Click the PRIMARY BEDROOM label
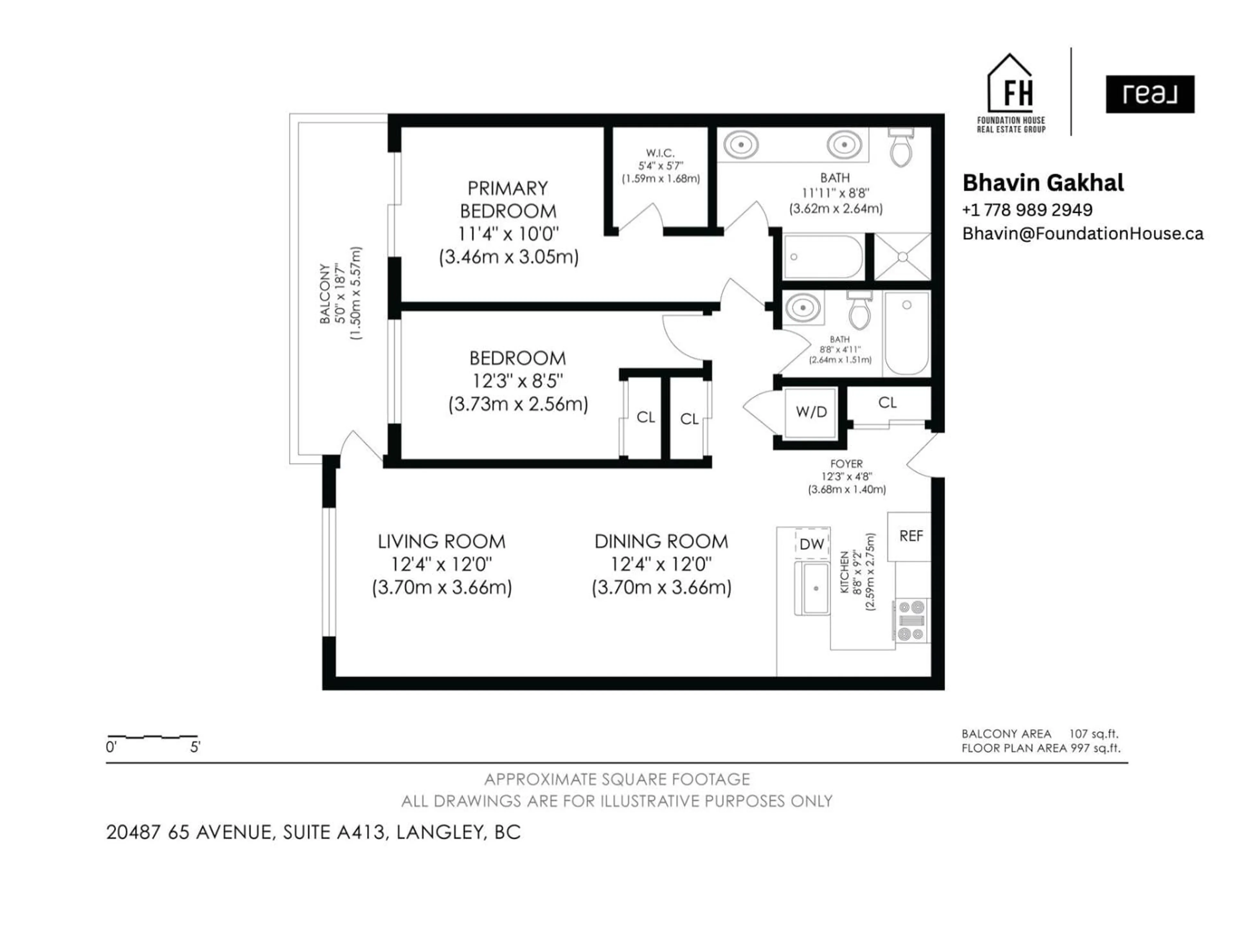508,199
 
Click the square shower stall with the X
902,257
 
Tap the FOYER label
846,464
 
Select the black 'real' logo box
1150,94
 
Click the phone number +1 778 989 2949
1027,210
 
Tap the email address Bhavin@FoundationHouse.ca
1082,233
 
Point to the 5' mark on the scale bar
195,747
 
